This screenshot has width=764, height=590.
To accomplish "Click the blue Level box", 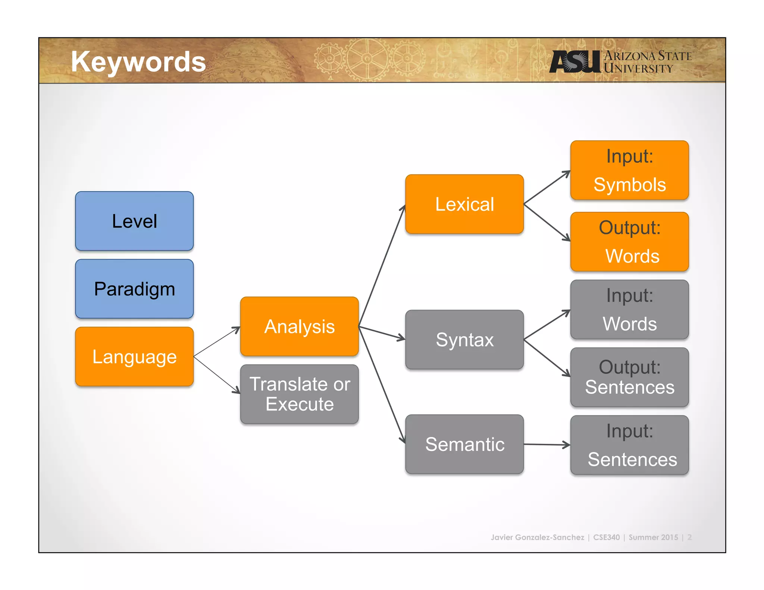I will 134,221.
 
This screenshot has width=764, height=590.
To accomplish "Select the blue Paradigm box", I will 134,289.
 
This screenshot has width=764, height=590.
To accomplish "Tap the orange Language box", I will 134,357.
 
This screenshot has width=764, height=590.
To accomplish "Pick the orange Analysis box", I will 299,326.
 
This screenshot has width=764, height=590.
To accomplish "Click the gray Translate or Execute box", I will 299,394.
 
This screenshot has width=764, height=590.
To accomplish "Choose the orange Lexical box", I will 464,204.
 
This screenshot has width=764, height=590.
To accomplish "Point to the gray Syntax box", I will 464,340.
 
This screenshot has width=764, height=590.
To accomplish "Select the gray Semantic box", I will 464,444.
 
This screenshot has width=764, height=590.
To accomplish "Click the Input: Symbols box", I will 629,170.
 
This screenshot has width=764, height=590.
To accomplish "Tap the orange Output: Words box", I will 629,242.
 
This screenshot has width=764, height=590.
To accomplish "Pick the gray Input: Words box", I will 629,310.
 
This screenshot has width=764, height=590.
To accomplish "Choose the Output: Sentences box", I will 629,377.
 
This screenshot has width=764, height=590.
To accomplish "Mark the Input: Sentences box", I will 629,445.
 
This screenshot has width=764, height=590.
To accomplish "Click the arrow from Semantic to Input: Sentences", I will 547,445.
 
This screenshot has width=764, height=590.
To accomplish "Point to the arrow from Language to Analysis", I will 217,342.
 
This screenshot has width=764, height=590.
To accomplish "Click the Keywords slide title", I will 138,62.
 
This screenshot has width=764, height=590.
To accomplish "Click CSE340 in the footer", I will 606,537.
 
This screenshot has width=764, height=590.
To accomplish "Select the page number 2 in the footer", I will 689,537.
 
